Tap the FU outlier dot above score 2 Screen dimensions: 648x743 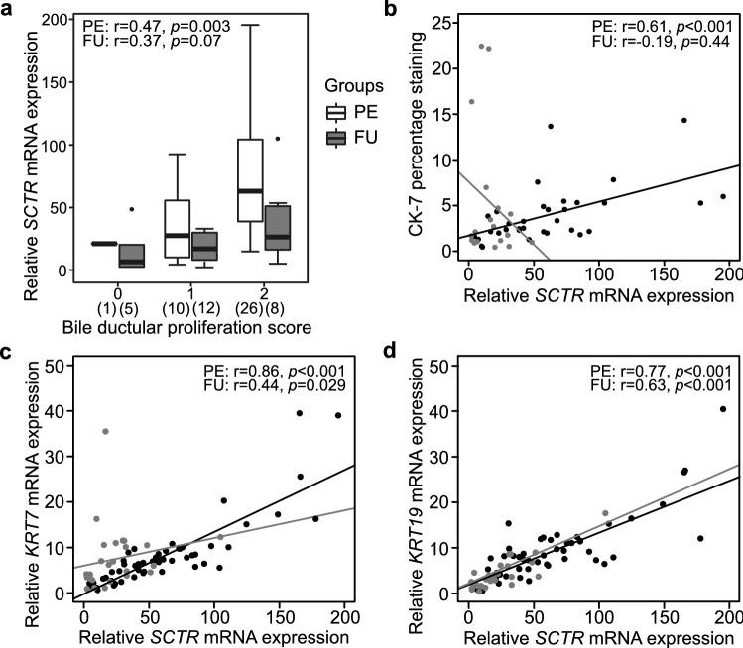click(279, 139)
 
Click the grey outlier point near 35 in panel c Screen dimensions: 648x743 click(105, 431)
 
